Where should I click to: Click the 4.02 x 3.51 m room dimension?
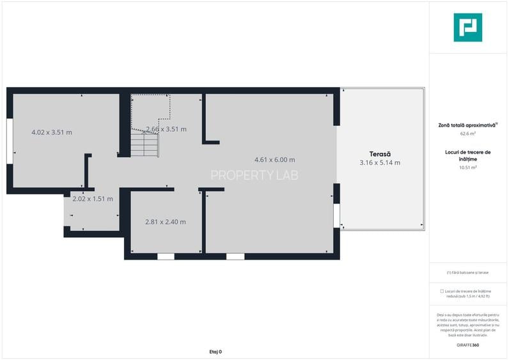[x=52, y=132]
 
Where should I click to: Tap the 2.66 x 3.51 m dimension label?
[x=166, y=129]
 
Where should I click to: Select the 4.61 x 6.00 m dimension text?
[x=274, y=160]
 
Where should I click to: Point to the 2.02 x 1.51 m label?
[x=93, y=199]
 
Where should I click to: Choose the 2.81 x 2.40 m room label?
[x=166, y=222]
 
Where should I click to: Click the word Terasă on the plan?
[x=380, y=153]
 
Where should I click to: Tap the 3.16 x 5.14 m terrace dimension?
[x=380, y=162]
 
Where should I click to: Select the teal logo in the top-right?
[x=467, y=27]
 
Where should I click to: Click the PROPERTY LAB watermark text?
[x=254, y=175]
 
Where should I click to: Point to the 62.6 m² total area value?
[x=468, y=134]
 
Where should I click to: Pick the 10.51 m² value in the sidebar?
[x=468, y=168]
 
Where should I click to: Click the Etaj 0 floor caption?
[x=215, y=352]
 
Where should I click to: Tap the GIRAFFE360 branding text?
[x=467, y=345]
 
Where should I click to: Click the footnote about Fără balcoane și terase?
[x=467, y=272]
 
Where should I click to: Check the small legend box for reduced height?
[x=442, y=291]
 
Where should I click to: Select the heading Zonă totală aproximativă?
[x=467, y=125]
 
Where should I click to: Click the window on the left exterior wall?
[x=10, y=141]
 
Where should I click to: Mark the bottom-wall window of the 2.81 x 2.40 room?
[x=166, y=256]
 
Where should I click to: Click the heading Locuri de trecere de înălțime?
[x=467, y=155]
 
